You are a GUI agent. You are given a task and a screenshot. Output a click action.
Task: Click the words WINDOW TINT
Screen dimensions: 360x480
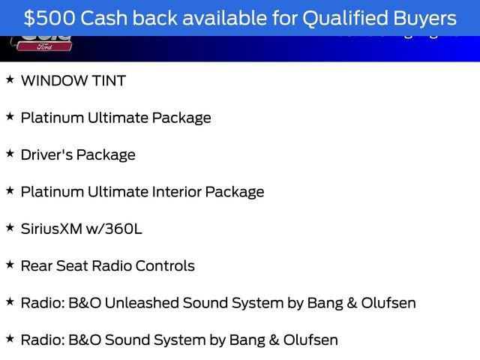click(73, 81)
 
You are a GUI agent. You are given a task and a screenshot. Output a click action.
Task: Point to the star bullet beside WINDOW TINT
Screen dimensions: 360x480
click(10, 79)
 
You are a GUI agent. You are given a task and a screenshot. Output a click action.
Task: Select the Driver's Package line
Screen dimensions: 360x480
click(78, 155)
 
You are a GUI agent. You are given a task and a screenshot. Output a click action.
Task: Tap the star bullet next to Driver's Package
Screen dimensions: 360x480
click(10, 154)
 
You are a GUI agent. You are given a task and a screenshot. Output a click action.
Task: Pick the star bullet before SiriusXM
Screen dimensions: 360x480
click(10, 227)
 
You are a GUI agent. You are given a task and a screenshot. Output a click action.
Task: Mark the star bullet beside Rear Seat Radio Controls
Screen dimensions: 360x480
click(10, 264)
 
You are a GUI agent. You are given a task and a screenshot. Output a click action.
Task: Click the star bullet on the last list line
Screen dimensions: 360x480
click(10, 338)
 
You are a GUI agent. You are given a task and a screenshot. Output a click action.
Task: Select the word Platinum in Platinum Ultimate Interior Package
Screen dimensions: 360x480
click(49, 192)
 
